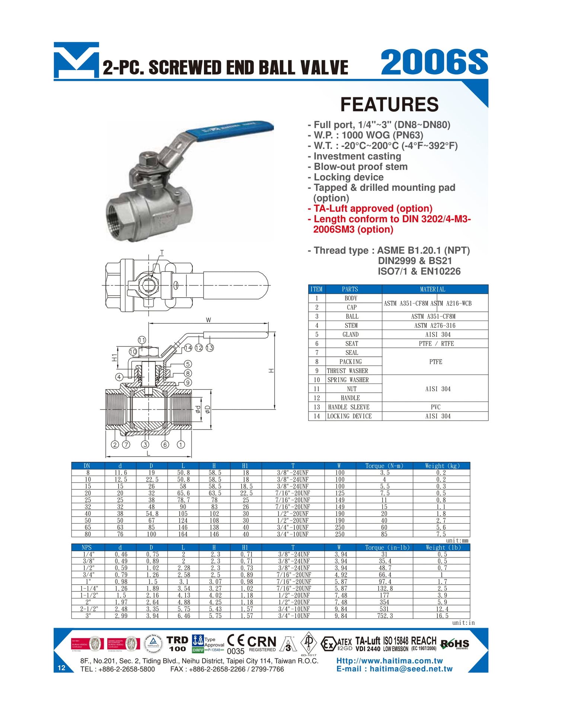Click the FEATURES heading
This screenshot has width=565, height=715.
pos(389,105)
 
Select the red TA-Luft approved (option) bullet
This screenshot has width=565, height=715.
pos(373,209)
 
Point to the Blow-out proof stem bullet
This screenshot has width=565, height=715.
pos(360,167)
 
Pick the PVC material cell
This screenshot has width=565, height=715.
pos(435,407)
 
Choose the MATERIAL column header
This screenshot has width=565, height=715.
pos(432,289)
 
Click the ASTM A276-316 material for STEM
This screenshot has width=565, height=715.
pos(435,325)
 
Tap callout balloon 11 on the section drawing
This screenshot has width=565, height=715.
pos(142,340)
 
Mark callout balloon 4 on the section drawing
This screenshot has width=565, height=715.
pos(119,377)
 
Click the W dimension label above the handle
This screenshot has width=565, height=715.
pos(208,320)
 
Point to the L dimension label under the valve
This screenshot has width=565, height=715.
pos(149,454)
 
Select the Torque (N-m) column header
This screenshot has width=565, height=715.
pos(384,466)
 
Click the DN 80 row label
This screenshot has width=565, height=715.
pos(88,534)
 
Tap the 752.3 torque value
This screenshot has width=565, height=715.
pos(384,616)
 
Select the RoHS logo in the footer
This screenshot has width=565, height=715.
pos(454,643)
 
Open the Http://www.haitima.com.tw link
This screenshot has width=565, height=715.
pos(389,661)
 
